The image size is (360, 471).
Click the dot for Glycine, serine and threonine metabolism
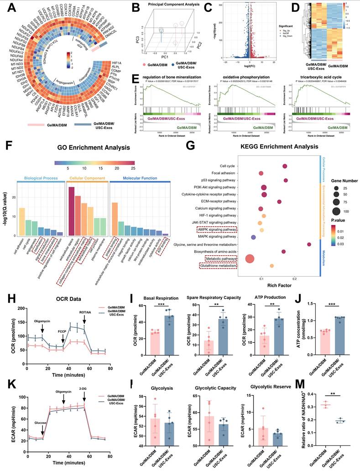point(309,245)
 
